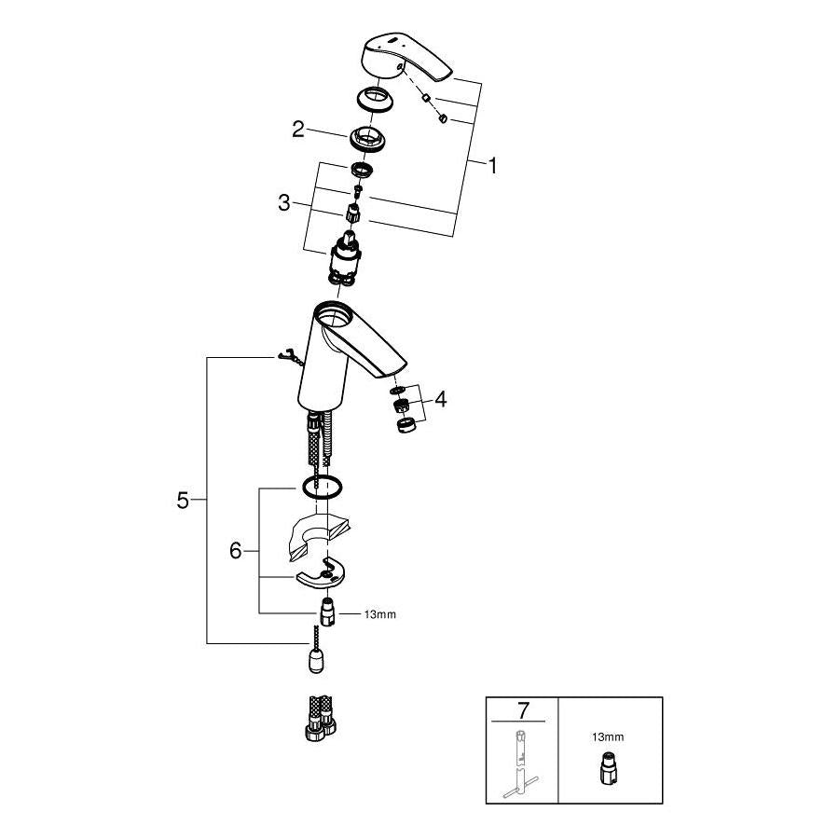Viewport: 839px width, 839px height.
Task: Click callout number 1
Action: click(x=492, y=167)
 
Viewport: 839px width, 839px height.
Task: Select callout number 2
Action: click(x=298, y=130)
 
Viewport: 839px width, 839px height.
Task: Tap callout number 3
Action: click(x=285, y=202)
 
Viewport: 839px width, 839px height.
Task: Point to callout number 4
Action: click(x=440, y=400)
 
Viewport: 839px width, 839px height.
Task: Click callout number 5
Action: click(x=184, y=501)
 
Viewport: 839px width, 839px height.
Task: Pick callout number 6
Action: click(x=236, y=551)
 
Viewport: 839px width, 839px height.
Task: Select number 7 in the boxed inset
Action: click(x=522, y=710)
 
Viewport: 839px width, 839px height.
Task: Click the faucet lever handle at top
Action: click(x=404, y=62)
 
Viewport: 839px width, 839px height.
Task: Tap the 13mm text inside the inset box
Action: click(x=608, y=736)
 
